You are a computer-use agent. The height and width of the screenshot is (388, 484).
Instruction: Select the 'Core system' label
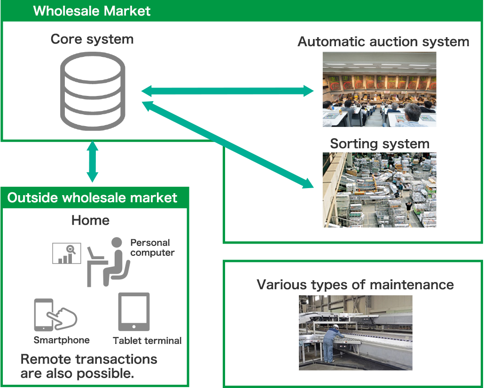pos(92,39)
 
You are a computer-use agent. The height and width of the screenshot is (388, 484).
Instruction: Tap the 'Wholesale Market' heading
pos(92,11)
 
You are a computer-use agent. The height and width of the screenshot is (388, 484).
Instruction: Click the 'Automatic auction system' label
pos(383,41)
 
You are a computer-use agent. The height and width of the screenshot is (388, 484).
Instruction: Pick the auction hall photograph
pos(379,89)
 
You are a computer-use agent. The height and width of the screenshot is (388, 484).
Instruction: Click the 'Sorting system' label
pos(380,143)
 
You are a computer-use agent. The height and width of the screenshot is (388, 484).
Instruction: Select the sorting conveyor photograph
pos(379,190)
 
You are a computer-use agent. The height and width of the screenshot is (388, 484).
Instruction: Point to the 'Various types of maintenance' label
pos(355,285)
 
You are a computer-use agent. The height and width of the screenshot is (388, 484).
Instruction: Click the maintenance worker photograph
pos(356,333)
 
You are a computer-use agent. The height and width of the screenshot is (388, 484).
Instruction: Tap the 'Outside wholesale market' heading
pos(93,198)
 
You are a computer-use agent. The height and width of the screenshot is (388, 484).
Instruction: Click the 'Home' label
pos(91,221)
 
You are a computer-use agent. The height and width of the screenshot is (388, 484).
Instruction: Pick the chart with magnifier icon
pos(66,253)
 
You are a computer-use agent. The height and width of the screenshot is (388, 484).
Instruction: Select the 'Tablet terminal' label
pos(148,341)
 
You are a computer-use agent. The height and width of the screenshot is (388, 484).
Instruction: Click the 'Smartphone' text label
pos(62,340)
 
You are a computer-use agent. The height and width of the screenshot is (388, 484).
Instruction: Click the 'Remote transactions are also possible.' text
pos(89,366)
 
